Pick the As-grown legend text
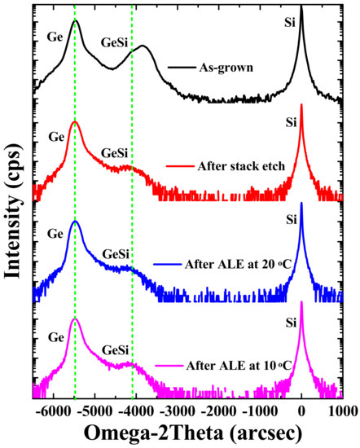[226, 68]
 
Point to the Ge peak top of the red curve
[75, 121]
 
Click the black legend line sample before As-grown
[181, 68]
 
